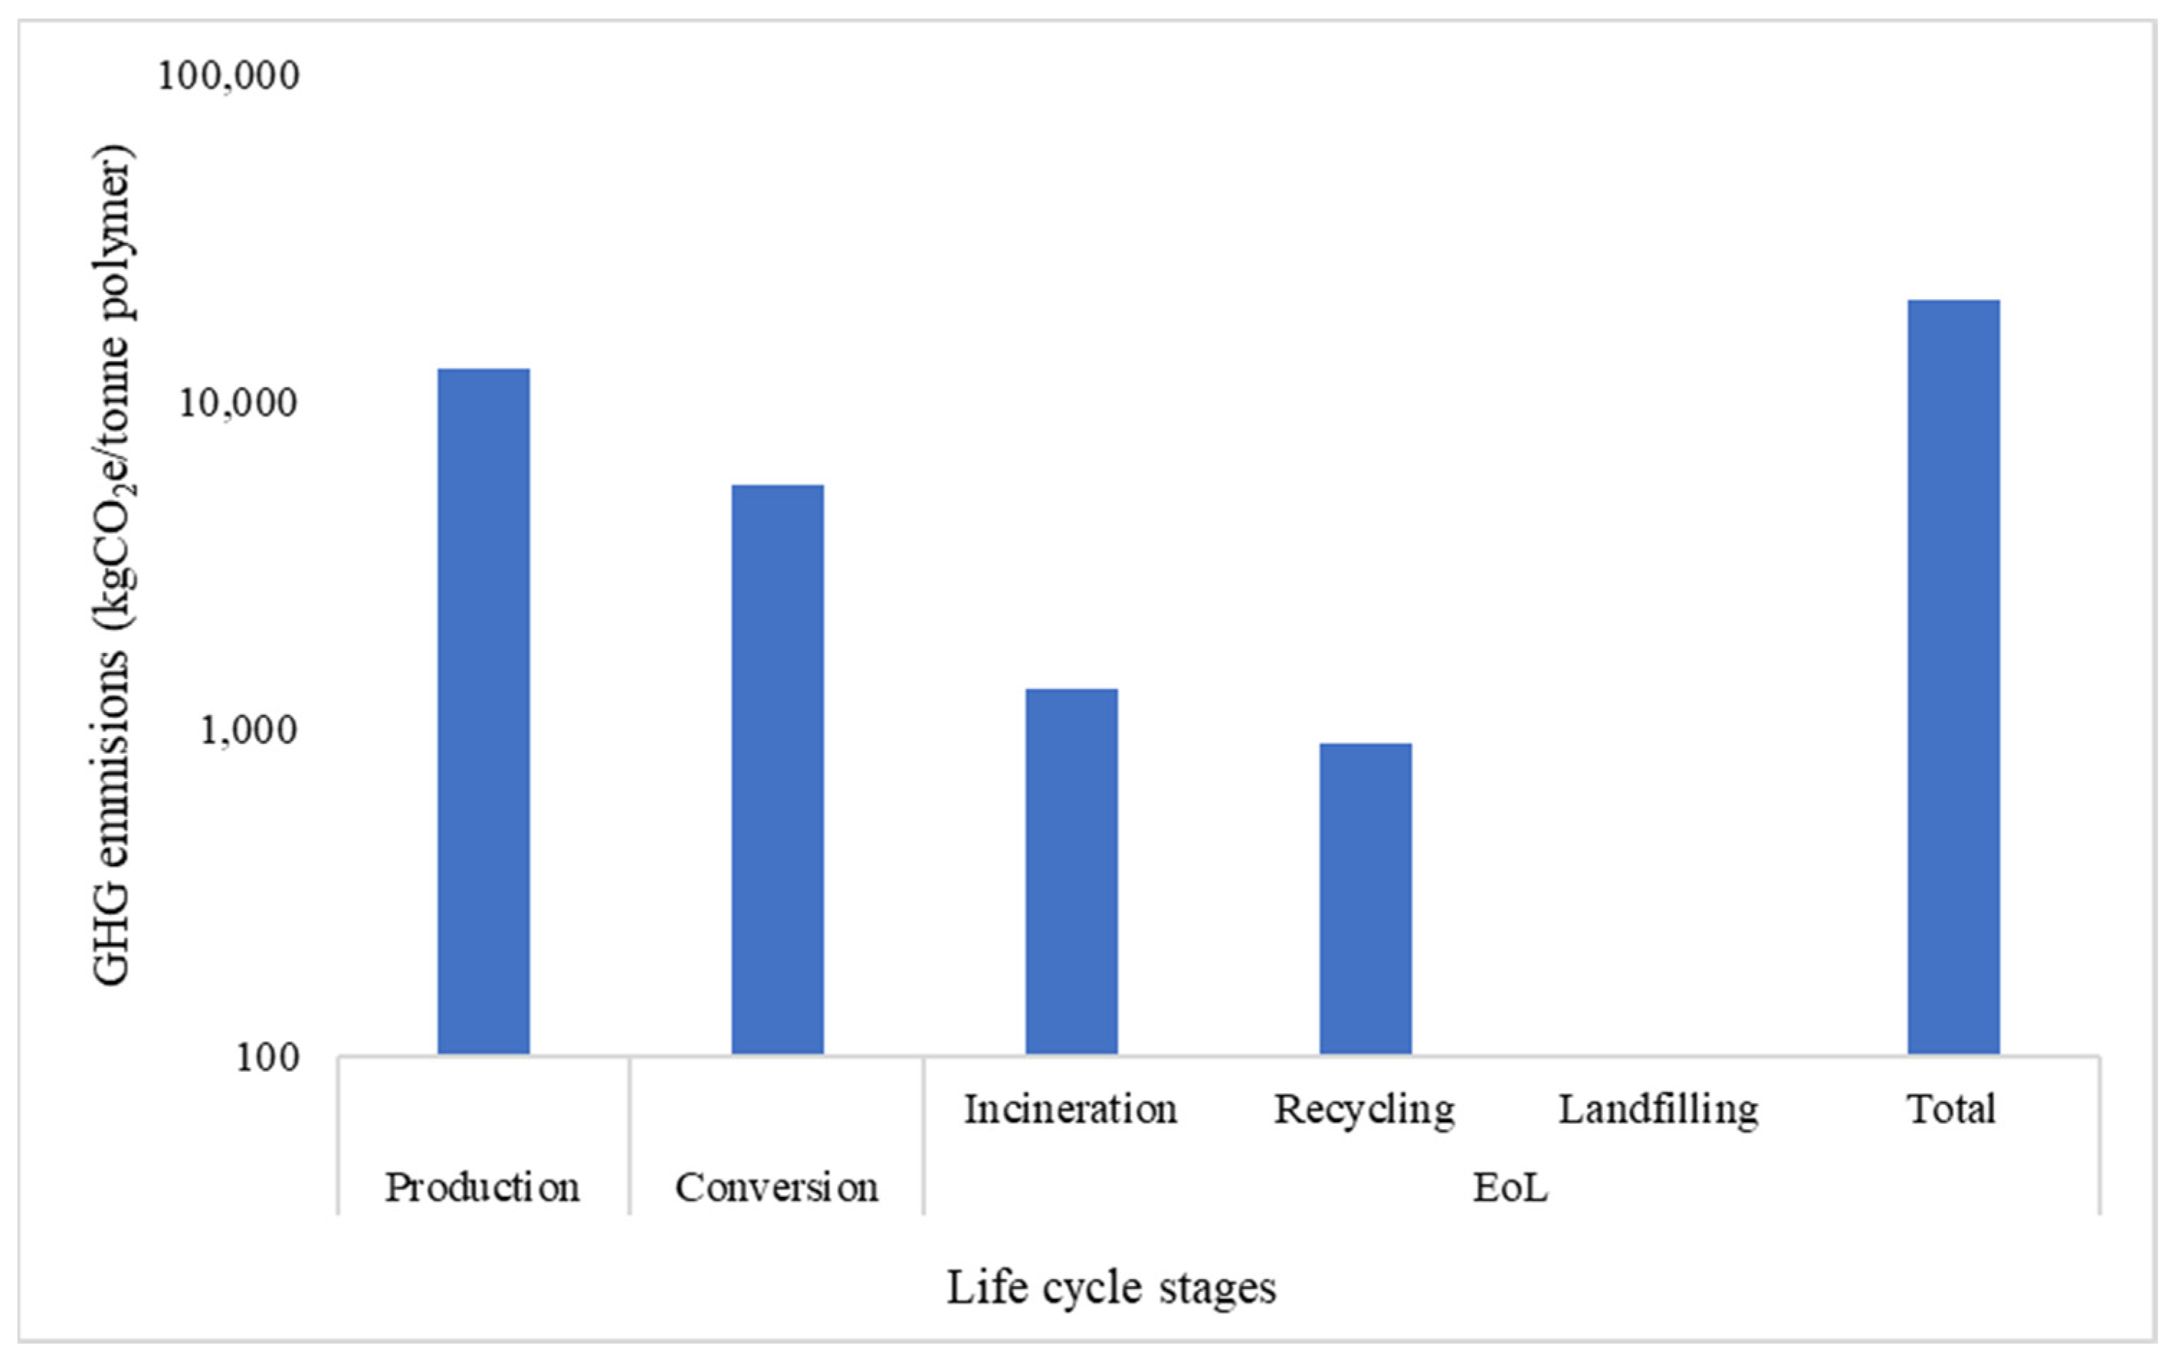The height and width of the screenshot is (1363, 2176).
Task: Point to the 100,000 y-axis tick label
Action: click(x=229, y=76)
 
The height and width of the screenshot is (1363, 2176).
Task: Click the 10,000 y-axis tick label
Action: click(x=238, y=403)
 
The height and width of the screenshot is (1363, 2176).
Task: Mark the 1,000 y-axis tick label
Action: click(x=248, y=730)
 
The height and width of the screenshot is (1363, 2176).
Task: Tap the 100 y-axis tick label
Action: click(x=268, y=1057)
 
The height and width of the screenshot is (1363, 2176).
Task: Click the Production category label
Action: click(x=483, y=1188)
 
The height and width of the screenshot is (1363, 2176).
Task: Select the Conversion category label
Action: click(x=777, y=1188)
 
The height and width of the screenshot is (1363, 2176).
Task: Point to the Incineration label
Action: click(x=1071, y=1110)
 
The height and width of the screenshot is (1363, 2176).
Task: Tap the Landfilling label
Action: click(x=1659, y=1110)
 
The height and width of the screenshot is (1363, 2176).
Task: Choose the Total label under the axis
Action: click(x=1952, y=1110)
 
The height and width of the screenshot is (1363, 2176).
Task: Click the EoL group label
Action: click(x=1511, y=1188)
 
